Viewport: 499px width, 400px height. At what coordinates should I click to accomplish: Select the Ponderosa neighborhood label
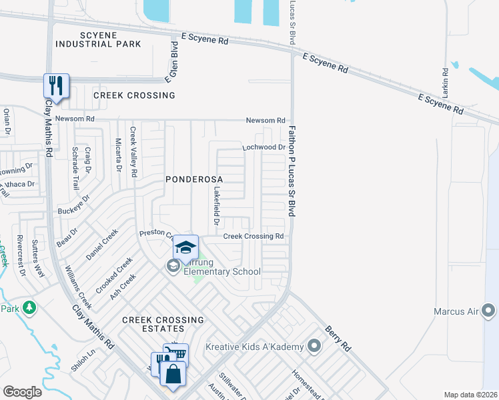[194, 179]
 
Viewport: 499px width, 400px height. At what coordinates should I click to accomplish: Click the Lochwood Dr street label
[264, 147]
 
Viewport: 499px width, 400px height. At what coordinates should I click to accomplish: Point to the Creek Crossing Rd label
[254, 236]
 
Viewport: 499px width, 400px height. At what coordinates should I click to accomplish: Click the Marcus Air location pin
[489, 310]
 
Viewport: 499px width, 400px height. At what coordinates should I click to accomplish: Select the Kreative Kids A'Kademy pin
[316, 346]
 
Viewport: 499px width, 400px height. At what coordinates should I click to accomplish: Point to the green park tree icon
[29, 307]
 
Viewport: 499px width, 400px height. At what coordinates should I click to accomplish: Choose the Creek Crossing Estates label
[163, 325]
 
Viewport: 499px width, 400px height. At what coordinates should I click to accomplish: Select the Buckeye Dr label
[73, 209]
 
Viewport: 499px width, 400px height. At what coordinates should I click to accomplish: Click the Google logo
[23, 392]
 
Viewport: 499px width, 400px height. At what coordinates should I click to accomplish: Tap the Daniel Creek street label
[101, 244]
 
